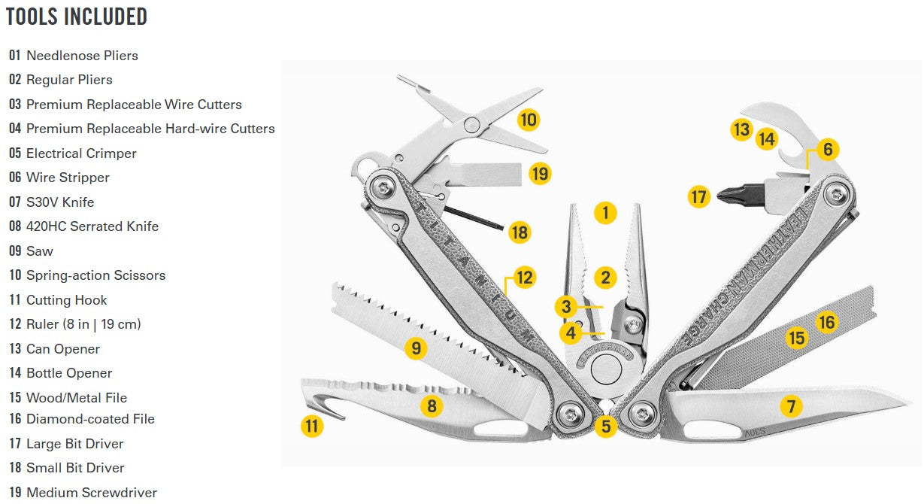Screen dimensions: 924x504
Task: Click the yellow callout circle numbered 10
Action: click(529, 120)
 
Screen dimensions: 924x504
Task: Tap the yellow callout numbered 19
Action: click(540, 174)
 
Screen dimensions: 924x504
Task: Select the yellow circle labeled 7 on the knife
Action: click(791, 406)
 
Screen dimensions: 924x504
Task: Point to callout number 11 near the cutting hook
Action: click(312, 426)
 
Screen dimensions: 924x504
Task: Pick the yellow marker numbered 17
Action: click(698, 196)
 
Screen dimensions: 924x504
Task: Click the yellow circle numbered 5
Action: click(605, 426)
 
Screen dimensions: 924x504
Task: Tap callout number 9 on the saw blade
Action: click(416, 348)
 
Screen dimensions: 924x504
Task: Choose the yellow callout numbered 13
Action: click(741, 129)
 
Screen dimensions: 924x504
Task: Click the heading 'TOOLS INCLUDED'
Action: click(77, 17)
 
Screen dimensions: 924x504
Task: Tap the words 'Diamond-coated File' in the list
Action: click(90, 419)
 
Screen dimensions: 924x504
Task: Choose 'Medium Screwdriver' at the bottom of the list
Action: click(92, 493)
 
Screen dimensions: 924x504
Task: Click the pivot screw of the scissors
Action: click(472, 124)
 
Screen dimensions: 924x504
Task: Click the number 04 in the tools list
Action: click(15, 129)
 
